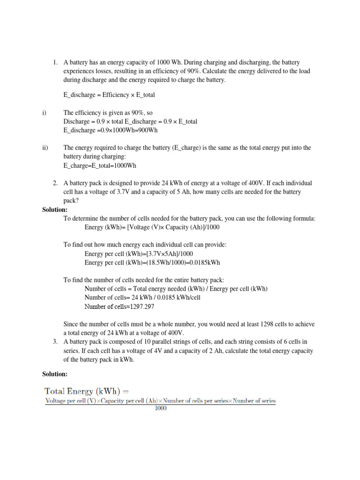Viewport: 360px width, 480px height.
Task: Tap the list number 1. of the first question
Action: click(55, 62)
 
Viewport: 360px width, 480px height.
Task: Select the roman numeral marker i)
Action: click(44, 113)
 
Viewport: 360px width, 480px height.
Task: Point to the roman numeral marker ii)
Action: click(45, 148)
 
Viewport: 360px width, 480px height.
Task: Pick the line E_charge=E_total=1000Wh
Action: click(100, 165)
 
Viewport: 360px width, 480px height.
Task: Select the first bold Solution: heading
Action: click(55, 210)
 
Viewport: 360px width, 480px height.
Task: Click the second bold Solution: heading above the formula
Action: click(55, 374)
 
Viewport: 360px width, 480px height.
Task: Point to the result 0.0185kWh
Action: click(205, 262)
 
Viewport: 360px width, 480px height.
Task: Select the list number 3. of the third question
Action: click(55, 342)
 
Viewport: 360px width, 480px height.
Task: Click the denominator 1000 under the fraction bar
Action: click(160, 408)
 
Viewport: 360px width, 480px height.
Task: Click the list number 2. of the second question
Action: click(55, 183)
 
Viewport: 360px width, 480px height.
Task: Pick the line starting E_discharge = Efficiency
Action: click(109, 95)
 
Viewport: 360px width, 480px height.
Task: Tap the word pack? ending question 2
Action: click(71, 201)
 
